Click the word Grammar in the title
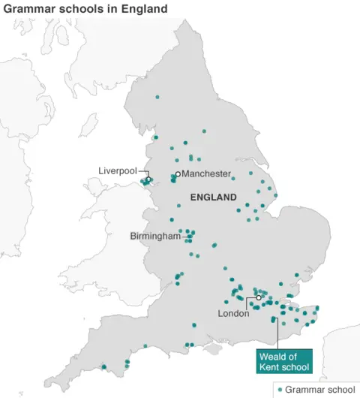tap(28, 9)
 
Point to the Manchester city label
tap(207, 174)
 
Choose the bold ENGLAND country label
tap(214, 197)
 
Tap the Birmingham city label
tap(155, 236)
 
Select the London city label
tap(233, 313)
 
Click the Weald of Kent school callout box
tap(283, 361)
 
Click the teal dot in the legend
tap(280, 390)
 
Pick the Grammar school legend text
tap(320, 390)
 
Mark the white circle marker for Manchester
tap(178, 174)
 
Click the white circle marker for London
tap(259, 298)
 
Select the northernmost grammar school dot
tap(157, 97)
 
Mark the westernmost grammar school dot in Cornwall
tap(104, 367)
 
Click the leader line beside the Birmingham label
tap(184, 236)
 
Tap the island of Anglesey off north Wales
tap(99, 182)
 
